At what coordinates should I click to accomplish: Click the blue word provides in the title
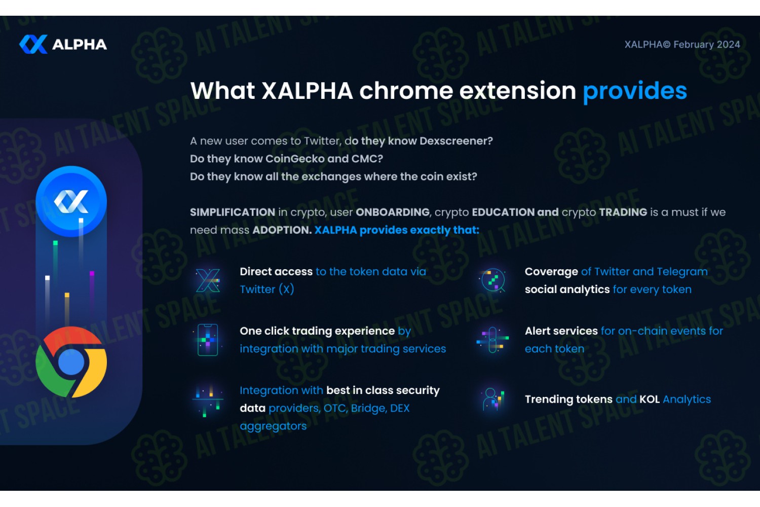(634, 91)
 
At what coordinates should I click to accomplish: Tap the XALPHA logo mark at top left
(33, 44)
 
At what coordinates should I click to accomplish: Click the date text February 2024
(707, 45)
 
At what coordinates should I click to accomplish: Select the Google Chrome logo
(71, 362)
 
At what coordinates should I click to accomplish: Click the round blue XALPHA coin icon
(71, 201)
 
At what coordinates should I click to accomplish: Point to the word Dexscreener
(456, 141)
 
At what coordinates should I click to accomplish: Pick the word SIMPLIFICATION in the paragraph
(233, 212)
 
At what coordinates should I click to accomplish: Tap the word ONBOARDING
(393, 212)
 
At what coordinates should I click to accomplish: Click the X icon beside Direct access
(208, 280)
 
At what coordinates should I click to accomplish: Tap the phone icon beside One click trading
(208, 340)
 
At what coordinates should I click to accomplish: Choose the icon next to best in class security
(208, 401)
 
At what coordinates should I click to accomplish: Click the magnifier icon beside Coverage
(492, 280)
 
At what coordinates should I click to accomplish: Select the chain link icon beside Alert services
(492, 340)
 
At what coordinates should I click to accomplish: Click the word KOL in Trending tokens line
(650, 400)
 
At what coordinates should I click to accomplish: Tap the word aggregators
(273, 426)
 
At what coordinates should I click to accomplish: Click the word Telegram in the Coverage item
(682, 272)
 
